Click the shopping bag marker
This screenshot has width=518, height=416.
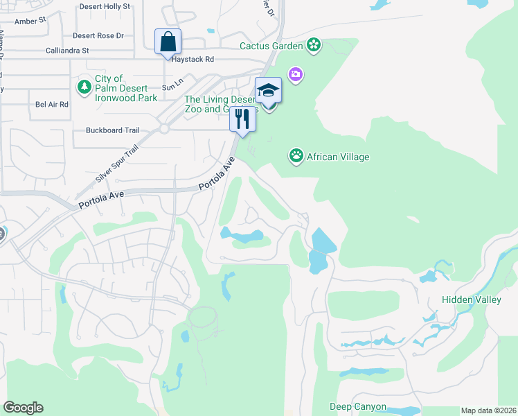point(168,42)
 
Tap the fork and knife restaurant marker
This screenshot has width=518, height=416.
point(242,119)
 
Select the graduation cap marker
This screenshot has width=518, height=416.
point(269,91)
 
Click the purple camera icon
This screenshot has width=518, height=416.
point(296,74)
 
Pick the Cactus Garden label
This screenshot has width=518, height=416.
point(271,46)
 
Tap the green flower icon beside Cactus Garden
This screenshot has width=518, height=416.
point(314,46)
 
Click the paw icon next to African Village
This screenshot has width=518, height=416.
point(296,157)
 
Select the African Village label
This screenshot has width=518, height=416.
point(337,157)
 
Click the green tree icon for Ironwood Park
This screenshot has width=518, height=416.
point(84,87)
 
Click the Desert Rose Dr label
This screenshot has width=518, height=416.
point(98,35)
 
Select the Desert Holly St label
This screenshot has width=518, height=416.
point(105,6)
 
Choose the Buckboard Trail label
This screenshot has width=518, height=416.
point(113,130)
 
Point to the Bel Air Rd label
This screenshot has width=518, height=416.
point(52,105)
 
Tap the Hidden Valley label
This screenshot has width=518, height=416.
point(471,300)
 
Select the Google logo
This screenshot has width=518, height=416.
point(23,408)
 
